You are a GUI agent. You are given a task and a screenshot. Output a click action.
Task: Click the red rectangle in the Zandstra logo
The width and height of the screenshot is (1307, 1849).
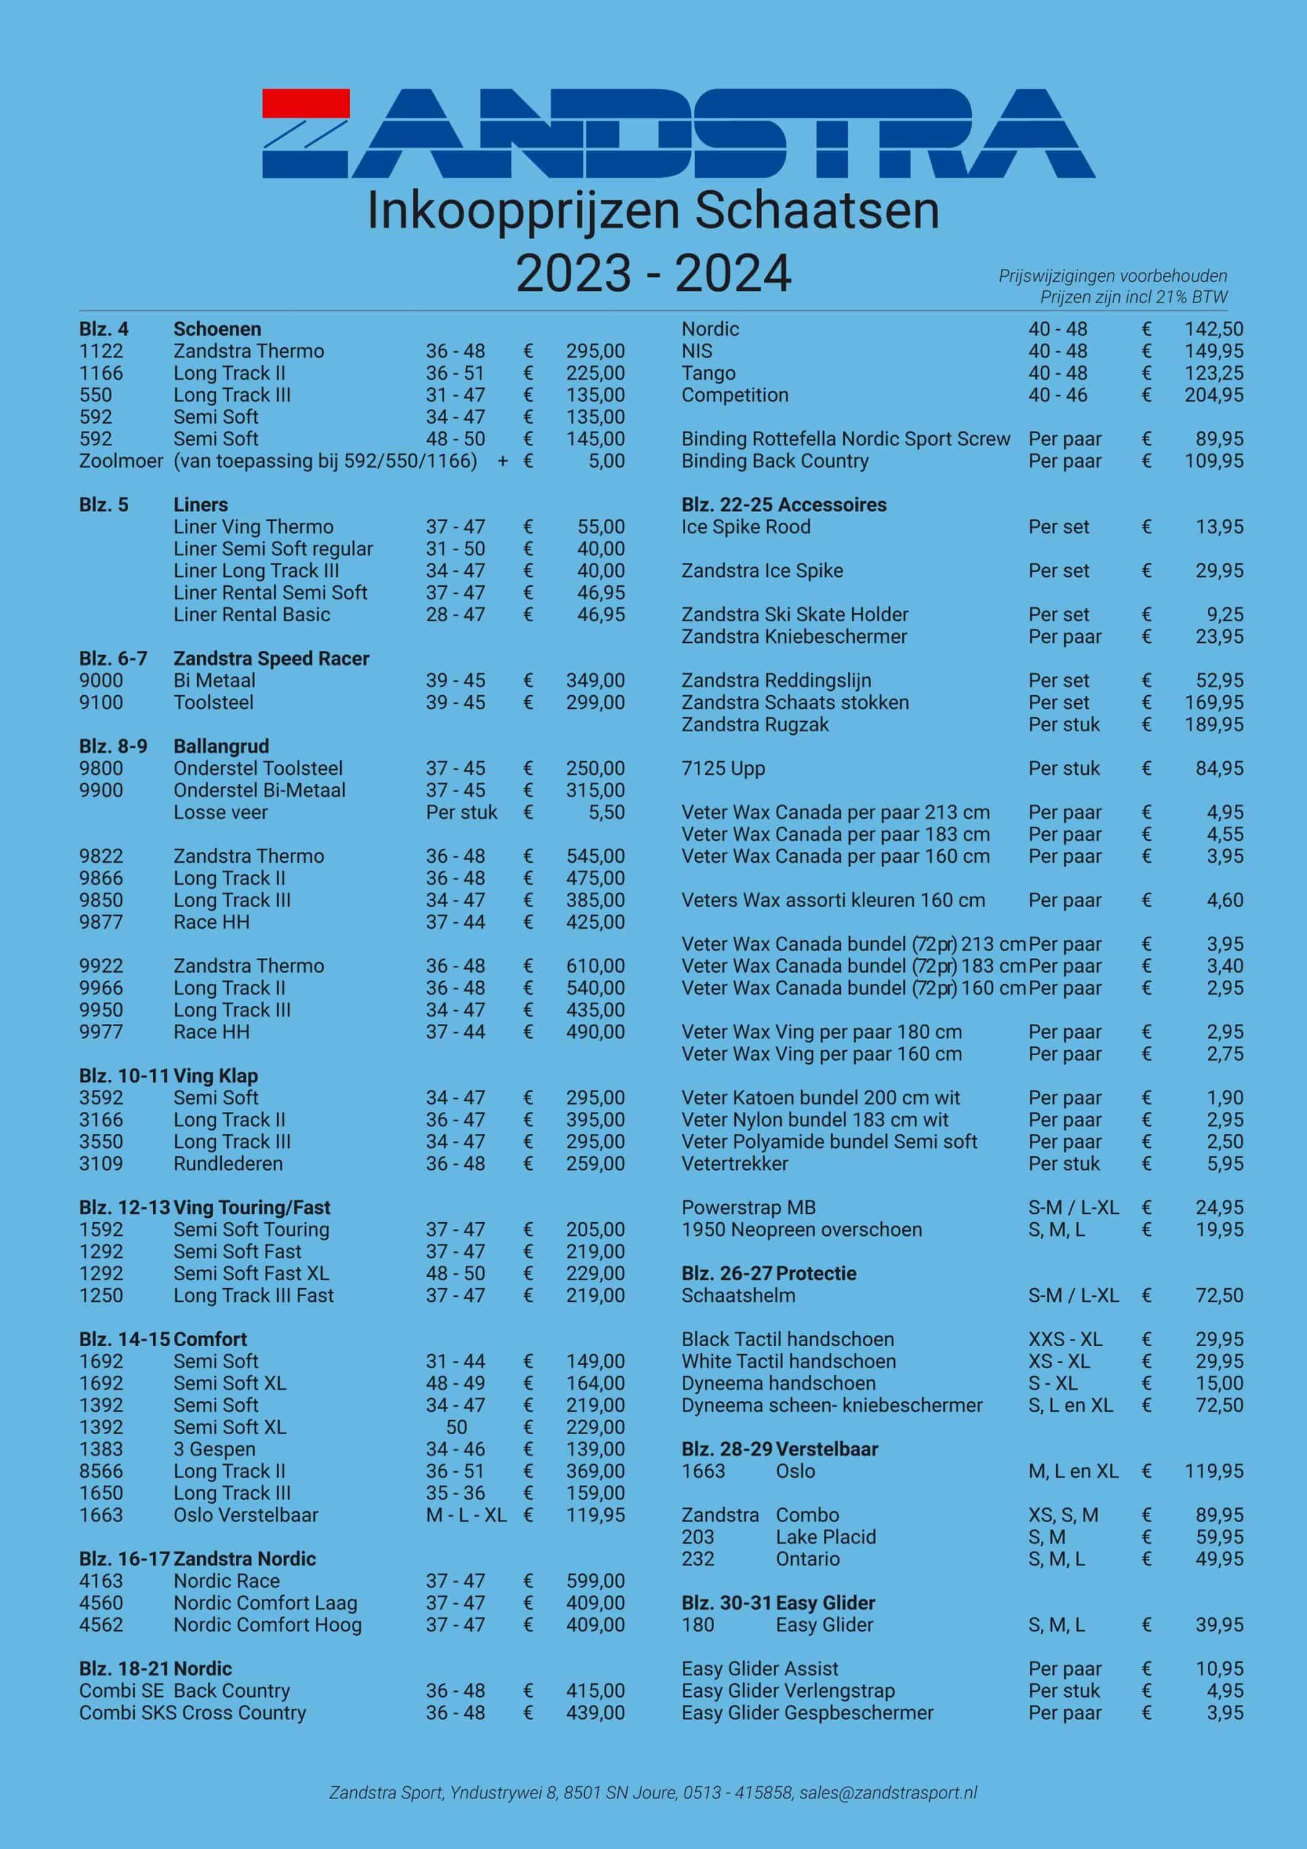[306, 103]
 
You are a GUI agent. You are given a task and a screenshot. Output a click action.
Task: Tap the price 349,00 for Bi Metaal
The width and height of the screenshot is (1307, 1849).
[595, 680]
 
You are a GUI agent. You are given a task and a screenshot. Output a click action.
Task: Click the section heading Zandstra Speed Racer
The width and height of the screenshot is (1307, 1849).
[271, 659]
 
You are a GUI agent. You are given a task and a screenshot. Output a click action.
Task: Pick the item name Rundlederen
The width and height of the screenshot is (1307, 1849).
[228, 1164]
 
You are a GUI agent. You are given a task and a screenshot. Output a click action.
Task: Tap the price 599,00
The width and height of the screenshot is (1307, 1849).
[595, 1581]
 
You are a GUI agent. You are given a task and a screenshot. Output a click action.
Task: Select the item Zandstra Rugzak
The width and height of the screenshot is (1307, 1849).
[755, 725]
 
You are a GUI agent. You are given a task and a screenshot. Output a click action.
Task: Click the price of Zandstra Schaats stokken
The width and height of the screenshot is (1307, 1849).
[1213, 703]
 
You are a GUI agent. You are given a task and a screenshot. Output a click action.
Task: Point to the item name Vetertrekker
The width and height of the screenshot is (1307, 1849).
[735, 1164]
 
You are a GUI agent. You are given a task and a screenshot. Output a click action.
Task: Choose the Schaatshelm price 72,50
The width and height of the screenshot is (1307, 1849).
[1219, 1296]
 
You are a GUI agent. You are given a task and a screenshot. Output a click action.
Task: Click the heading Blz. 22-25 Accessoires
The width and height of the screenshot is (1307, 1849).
[784, 505]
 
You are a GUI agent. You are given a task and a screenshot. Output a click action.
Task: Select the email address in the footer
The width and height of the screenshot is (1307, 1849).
[888, 1793]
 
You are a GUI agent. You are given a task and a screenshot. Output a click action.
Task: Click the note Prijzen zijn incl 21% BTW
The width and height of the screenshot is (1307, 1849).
[1133, 297]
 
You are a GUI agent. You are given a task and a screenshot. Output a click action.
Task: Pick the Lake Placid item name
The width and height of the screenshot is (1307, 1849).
[826, 1537]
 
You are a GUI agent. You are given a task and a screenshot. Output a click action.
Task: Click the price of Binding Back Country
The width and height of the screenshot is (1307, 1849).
[1213, 462]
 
